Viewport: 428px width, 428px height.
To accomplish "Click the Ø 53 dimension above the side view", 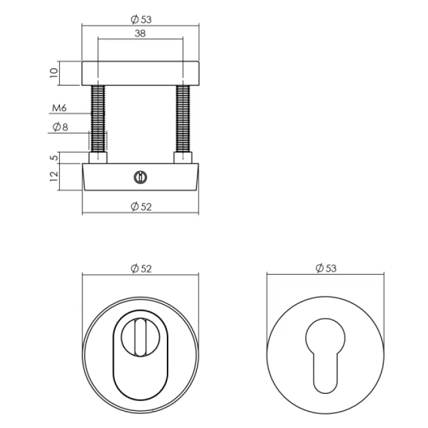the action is coord(141,20).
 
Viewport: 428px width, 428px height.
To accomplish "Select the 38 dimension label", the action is coord(140,34).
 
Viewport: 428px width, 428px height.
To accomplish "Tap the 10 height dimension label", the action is coord(54,73).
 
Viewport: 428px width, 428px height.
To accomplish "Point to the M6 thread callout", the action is coord(59,108).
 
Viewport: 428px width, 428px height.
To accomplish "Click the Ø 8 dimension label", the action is coord(60,127).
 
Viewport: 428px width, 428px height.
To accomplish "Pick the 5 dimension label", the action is coord(54,158).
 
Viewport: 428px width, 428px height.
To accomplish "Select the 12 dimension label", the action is coord(54,176).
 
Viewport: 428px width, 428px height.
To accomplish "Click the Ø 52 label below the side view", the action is coord(141,207).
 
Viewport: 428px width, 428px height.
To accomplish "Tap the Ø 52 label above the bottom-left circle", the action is coord(141,269).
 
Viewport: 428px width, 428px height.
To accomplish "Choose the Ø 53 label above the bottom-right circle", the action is coord(326,268).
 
